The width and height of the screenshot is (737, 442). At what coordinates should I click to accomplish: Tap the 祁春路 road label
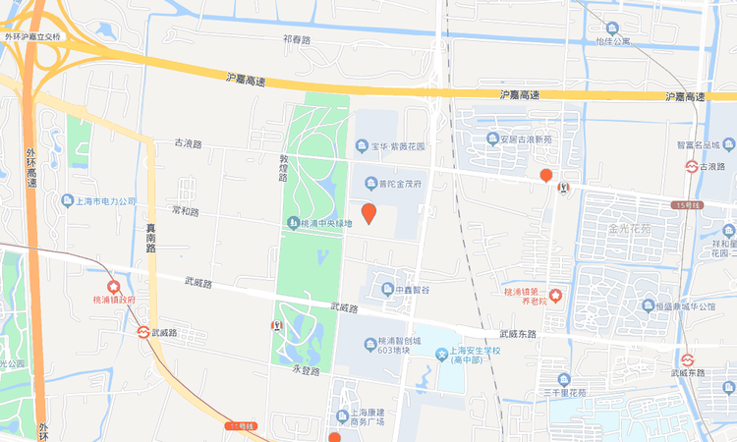point(296,40)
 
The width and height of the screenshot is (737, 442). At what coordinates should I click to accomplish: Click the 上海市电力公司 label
point(105,201)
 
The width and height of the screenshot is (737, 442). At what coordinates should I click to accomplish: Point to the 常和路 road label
point(185,211)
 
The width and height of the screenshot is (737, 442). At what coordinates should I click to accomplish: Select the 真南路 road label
point(151,238)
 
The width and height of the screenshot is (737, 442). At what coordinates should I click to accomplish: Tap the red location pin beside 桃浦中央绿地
point(368,212)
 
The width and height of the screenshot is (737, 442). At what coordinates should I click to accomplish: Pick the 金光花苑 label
point(630,229)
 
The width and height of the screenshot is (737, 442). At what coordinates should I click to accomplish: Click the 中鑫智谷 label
point(407,290)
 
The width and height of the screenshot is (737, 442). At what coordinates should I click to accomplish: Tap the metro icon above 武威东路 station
point(688,359)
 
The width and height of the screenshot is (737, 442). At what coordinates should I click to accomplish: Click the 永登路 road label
point(307,371)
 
